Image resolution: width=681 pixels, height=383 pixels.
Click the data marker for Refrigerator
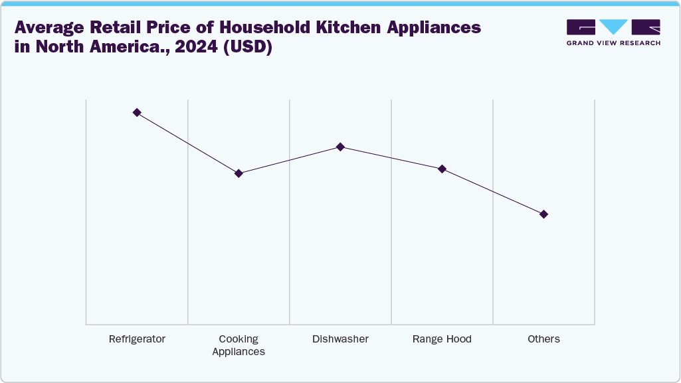(x=137, y=113)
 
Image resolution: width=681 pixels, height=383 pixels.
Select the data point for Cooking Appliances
(x=239, y=173)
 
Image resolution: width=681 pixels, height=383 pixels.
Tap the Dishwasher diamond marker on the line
(x=340, y=147)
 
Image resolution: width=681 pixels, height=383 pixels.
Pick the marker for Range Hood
(x=442, y=169)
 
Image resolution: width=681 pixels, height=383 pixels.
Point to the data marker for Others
(x=543, y=214)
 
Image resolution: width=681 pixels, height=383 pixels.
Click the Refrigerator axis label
(x=137, y=339)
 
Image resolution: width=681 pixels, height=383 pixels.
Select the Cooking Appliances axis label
(x=239, y=345)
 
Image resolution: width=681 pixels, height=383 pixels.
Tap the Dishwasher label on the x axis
(x=340, y=339)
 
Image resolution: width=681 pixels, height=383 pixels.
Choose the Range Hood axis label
(x=442, y=339)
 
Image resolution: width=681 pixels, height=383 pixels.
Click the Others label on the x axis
(x=543, y=339)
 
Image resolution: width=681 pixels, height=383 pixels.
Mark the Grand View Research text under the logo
(x=613, y=43)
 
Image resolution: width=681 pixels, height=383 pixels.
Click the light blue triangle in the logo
(x=613, y=27)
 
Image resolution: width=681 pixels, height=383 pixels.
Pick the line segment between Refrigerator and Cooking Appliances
(x=187, y=143)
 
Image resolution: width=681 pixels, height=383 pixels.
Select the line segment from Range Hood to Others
(x=492, y=191)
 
